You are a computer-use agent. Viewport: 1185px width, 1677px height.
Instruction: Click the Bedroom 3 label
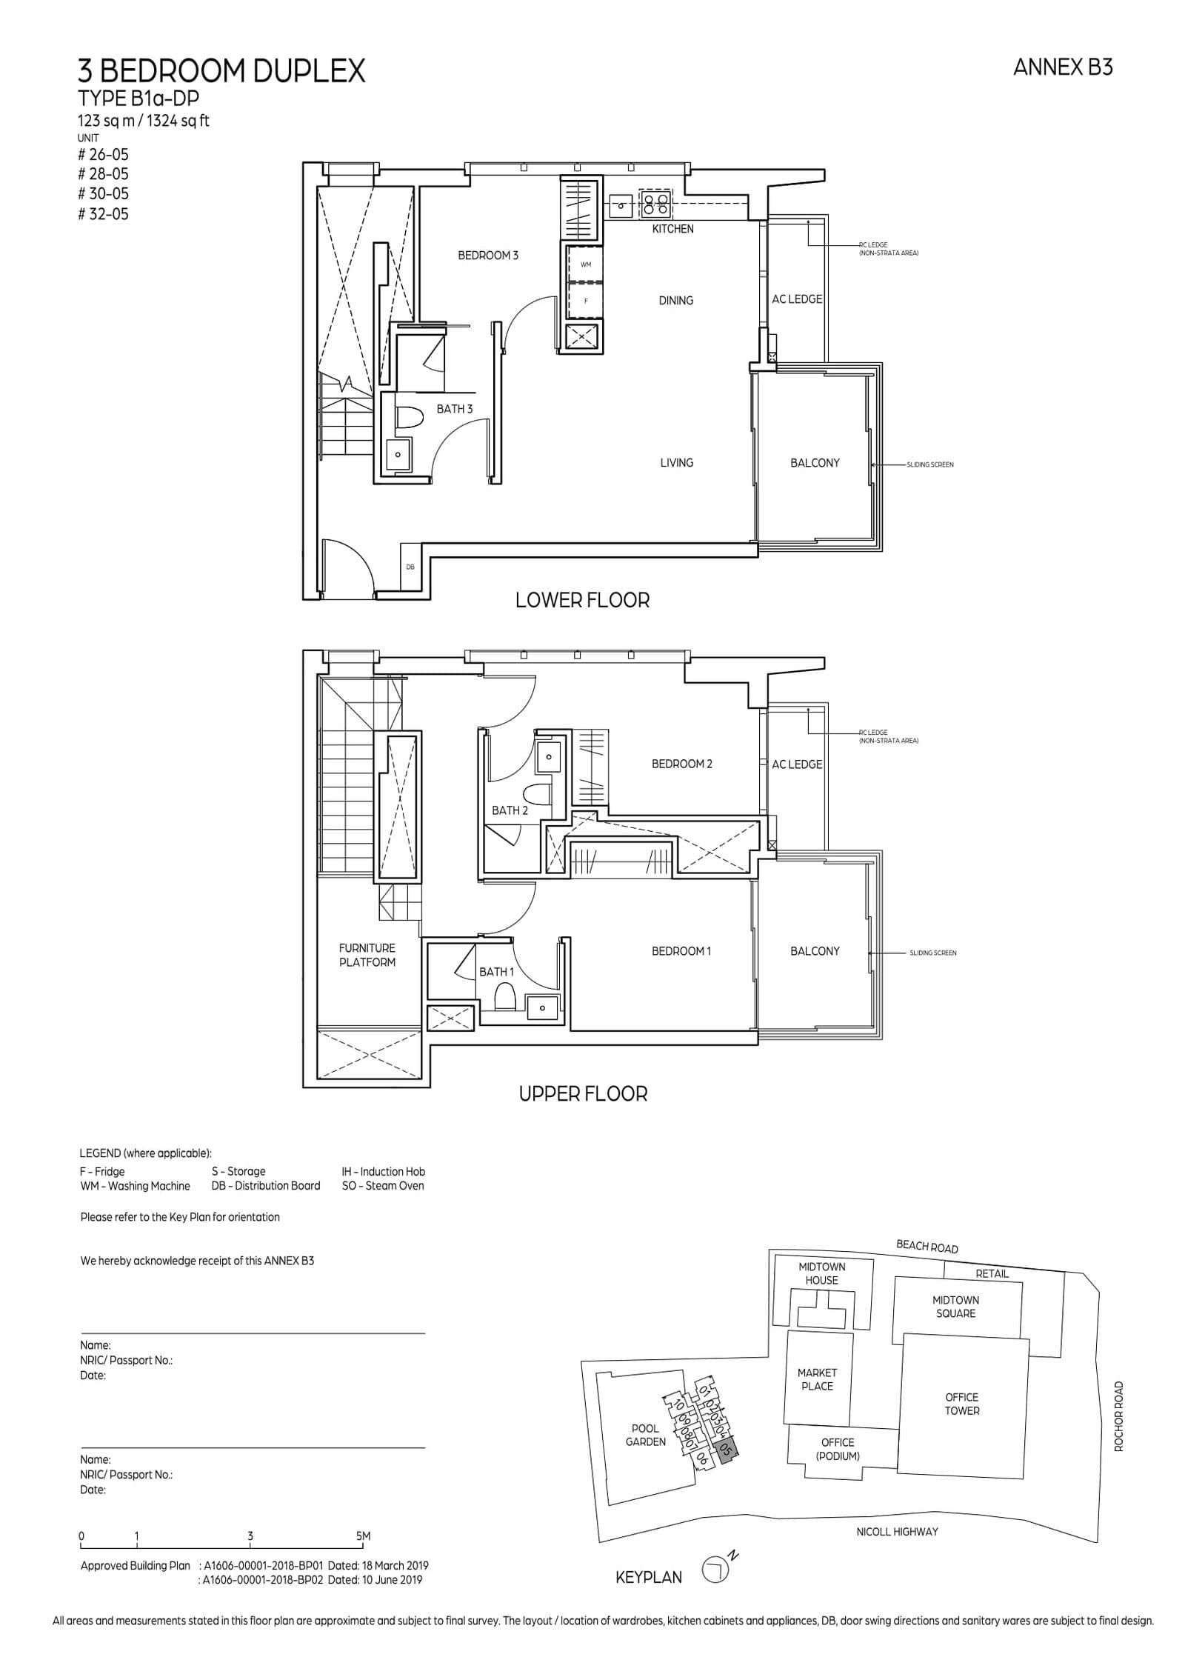point(487,256)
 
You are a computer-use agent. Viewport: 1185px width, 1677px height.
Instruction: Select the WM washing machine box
point(585,264)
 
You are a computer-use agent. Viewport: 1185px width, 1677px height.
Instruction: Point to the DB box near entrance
point(410,567)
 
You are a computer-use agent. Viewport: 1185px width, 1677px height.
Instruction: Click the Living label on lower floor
point(676,463)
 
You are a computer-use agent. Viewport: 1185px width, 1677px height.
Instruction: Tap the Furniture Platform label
point(367,955)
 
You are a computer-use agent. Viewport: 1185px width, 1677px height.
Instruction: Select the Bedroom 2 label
point(681,764)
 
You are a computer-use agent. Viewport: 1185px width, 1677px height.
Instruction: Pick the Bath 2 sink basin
point(548,757)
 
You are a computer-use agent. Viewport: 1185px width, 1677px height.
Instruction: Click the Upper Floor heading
point(583,1093)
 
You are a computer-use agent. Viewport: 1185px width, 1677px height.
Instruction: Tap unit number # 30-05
point(103,194)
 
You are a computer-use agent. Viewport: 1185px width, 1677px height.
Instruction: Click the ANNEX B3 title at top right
point(1062,67)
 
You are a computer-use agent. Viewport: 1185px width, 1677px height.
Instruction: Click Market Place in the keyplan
point(816,1379)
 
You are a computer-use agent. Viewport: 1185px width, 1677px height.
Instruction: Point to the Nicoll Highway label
point(896,1532)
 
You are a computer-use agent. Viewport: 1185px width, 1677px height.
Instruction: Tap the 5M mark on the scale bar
point(363,1536)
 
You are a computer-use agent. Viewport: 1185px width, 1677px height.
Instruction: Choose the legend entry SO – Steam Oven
point(383,1186)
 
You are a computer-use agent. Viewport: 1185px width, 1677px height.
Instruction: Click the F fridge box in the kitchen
point(585,301)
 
